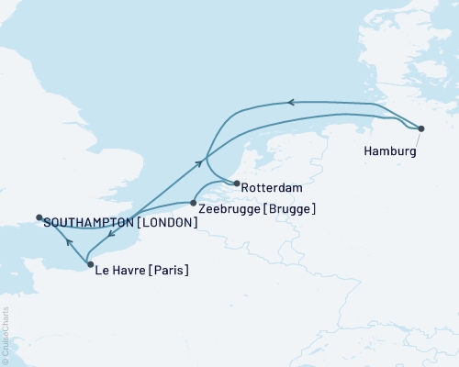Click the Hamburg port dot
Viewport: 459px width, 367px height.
point(421,128)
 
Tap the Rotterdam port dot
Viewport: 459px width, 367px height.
point(237,183)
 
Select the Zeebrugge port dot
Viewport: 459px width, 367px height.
point(194,203)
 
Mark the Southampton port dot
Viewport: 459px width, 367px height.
point(39,217)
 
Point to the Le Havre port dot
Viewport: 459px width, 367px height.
point(89,265)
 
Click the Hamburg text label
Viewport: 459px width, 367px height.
point(390,151)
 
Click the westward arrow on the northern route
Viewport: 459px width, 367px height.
point(290,103)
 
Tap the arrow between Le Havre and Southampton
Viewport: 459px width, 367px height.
point(68,243)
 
